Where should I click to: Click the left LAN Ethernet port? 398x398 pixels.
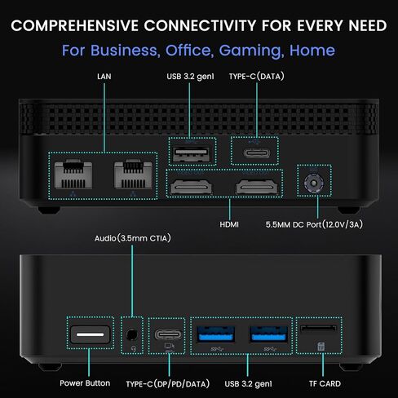(x=73, y=175)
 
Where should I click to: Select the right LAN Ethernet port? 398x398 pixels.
(x=133, y=175)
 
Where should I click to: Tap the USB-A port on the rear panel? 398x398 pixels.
(x=192, y=154)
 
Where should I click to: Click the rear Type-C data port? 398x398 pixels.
(x=257, y=153)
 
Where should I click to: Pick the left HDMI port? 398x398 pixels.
(x=191, y=188)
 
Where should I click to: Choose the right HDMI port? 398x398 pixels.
(x=257, y=188)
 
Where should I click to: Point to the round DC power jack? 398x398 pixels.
(x=314, y=183)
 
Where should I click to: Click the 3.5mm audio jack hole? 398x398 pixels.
(x=132, y=334)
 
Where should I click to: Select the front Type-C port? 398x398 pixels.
(x=168, y=334)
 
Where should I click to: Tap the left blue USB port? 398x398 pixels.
(x=216, y=334)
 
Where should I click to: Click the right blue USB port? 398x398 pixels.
(x=268, y=334)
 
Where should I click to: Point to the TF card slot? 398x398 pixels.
(x=318, y=328)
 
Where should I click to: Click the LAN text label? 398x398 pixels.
(x=104, y=77)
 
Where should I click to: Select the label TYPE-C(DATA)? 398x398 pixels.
(x=257, y=77)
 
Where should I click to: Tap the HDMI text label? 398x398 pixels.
(x=229, y=224)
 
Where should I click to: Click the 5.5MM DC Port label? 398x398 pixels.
(x=314, y=224)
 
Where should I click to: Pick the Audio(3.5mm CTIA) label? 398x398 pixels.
(x=133, y=238)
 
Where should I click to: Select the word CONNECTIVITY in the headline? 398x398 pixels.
(x=200, y=26)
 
